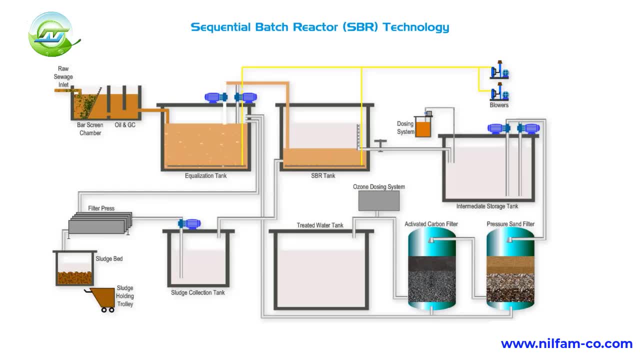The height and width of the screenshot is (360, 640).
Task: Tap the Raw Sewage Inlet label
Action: pyautogui.click(x=63, y=76)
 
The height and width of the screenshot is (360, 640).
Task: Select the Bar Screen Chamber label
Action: pyautogui.click(x=90, y=129)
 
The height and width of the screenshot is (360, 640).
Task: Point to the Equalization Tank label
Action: pyautogui.click(x=205, y=175)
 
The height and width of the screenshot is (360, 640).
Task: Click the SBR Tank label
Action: pyautogui.click(x=323, y=175)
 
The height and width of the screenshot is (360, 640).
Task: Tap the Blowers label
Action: pyautogui.click(x=499, y=105)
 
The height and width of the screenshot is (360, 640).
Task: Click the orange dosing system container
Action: pyautogui.click(x=422, y=128)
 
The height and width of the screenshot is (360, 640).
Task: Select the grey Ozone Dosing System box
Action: pyautogui.click(x=379, y=201)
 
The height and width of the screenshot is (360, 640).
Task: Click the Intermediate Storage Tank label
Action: pyautogui.click(x=487, y=206)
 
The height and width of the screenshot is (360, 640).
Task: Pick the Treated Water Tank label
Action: pyautogui.click(x=320, y=225)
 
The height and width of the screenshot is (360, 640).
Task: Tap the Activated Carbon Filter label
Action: pyautogui.click(x=431, y=224)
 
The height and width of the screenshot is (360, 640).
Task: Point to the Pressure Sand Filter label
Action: pyautogui.click(x=510, y=224)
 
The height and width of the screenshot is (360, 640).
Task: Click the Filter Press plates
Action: pyautogui.click(x=100, y=223)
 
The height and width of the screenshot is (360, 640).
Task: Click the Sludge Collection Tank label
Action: pyautogui.click(x=198, y=292)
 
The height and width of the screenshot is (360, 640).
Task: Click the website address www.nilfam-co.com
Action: pyautogui.click(x=566, y=344)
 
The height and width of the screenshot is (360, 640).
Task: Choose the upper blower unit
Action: pyautogui.click(x=499, y=73)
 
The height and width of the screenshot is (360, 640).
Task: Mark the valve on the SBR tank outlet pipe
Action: pyautogui.click(x=381, y=145)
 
